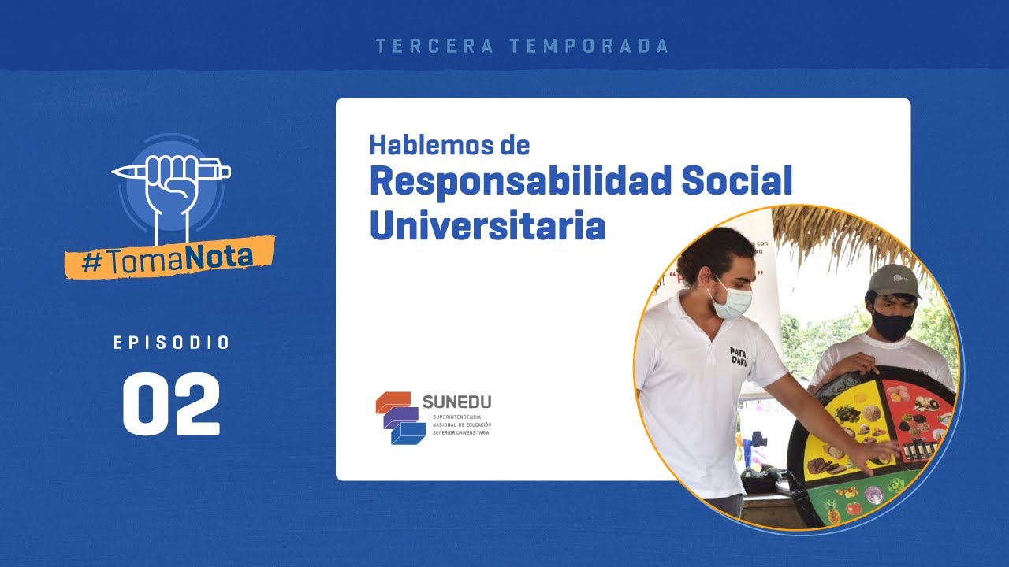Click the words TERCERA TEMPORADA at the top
(x=523, y=46)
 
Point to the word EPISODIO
(x=171, y=343)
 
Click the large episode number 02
(x=171, y=404)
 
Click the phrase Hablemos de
(x=449, y=146)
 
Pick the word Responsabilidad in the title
(x=520, y=182)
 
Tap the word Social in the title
(x=737, y=182)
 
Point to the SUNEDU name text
(x=456, y=402)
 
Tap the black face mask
(x=892, y=324)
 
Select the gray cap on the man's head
(x=894, y=280)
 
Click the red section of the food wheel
(x=918, y=409)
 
